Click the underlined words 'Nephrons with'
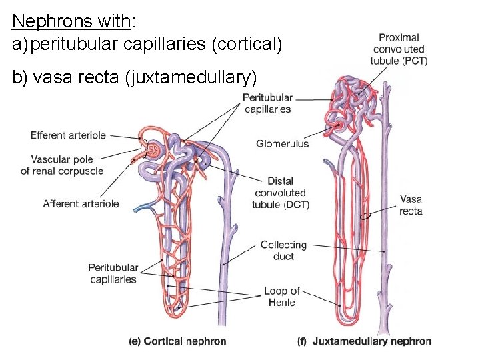click(x=72, y=21)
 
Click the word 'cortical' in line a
click(x=246, y=45)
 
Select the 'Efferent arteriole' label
click(x=68, y=135)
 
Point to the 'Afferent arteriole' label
click(x=81, y=204)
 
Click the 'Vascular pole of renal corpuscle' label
click(x=62, y=165)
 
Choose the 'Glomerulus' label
click(x=282, y=143)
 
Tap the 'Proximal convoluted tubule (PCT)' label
click(x=399, y=49)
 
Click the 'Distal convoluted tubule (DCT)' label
click(x=280, y=193)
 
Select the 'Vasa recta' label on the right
click(x=411, y=205)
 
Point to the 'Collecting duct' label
click(x=283, y=250)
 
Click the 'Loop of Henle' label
click(x=281, y=297)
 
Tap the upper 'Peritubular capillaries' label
click(x=267, y=103)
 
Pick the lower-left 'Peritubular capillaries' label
click(x=113, y=273)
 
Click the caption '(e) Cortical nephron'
click(x=177, y=341)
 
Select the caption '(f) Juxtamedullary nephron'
click(x=364, y=341)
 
